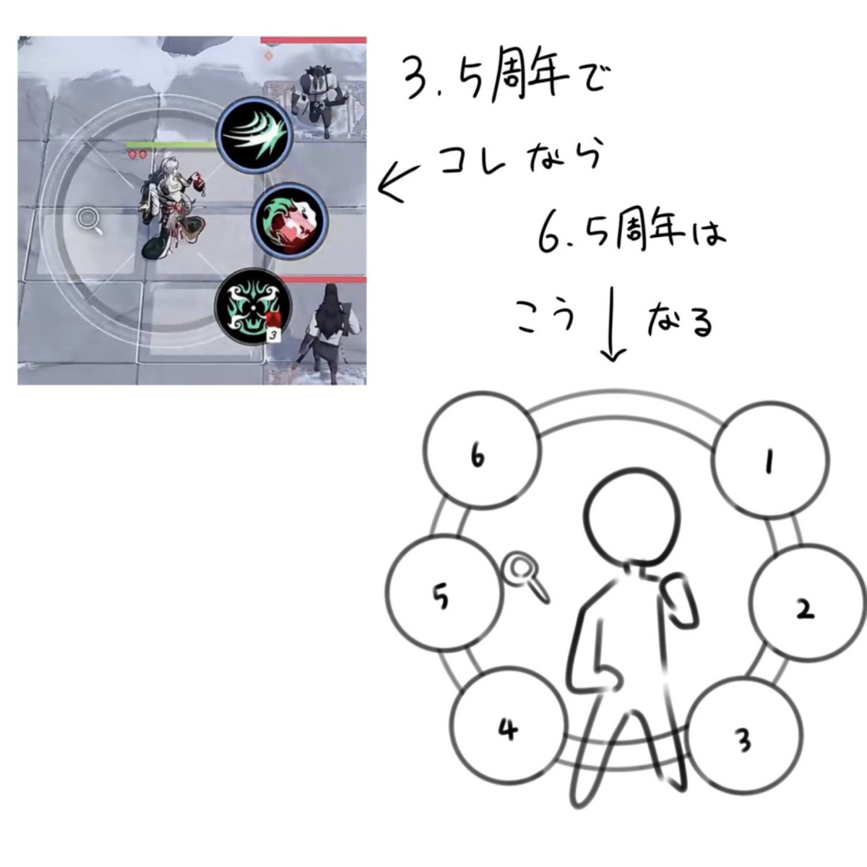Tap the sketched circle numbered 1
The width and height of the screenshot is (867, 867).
click(x=768, y=461)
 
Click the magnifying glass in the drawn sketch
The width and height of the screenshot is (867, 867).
click(x=525, y=575)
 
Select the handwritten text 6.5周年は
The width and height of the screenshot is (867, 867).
click(x=631, y=236)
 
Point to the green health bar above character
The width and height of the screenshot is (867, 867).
click(x=173, y=146)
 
